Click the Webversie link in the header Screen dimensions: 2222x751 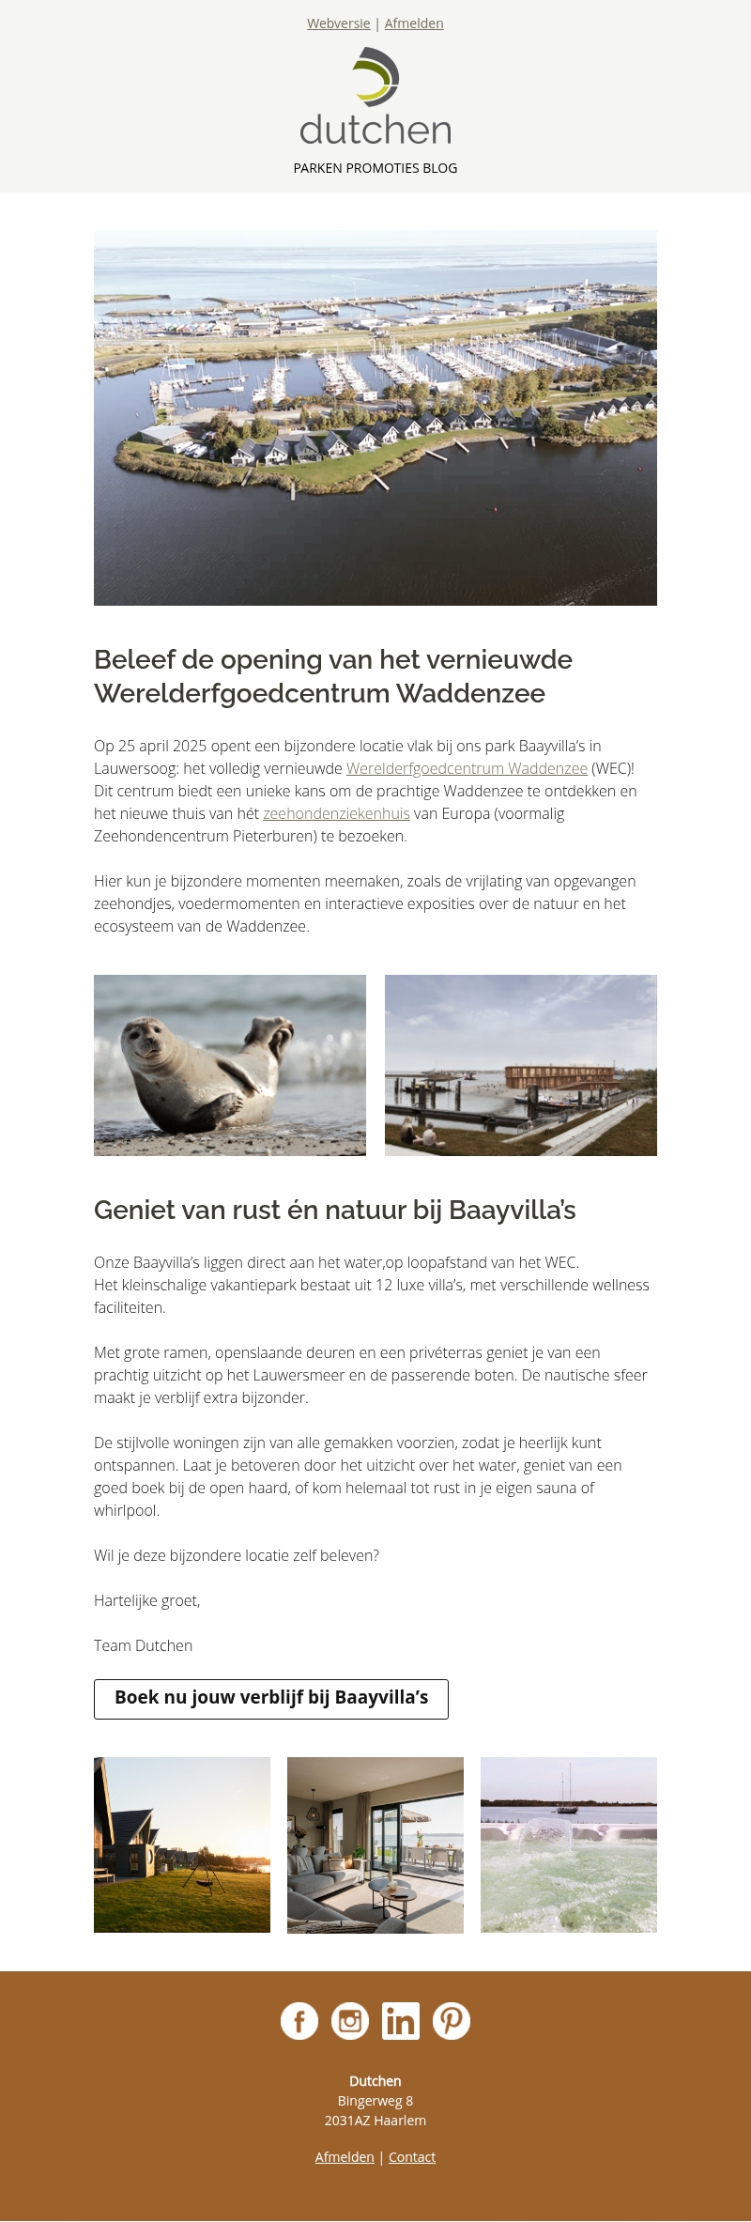(x=338, y=23)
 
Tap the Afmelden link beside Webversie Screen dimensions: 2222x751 (x=413, y=23)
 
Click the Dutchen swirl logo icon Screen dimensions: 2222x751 (x=376, y=76)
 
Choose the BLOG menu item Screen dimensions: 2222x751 (x=439, y=168)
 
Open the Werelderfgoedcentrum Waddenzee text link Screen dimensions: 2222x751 (x=467, y=768)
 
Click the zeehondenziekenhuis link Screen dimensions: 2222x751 (x=336, y=813)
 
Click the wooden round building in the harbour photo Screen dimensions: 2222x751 (x=559, y=1077)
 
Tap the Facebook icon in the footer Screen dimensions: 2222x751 (x=299, y=2020)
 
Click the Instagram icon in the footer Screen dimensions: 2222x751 (x=350, y=2020)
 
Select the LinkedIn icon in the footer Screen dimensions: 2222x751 (x=401, y=2020)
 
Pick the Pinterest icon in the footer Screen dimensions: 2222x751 (x=452, y=2020)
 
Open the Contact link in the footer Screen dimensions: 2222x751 (x=412, y=2157)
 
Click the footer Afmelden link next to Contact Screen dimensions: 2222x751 (x=345, y=2157)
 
